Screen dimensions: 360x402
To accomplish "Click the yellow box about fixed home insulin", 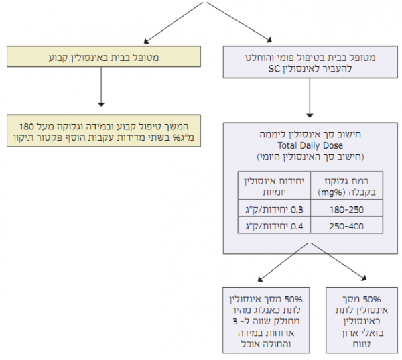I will pyautogui.click(x=100, y=58).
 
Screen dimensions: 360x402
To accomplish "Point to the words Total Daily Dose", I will pyautogui.click(x=310, y=144).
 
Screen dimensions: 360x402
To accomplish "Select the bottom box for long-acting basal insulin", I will pyautogui.click(x=359, y=320).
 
